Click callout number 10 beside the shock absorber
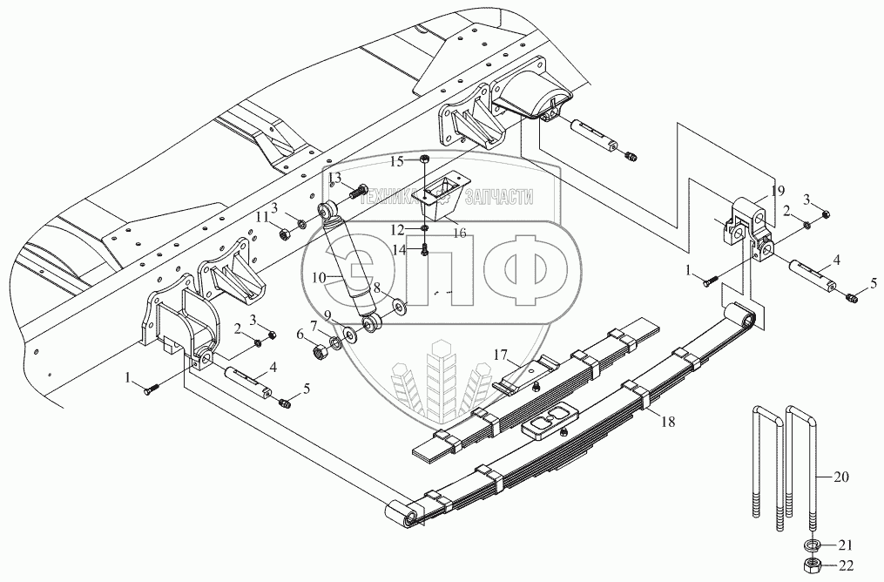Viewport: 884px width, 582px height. pos(318,276)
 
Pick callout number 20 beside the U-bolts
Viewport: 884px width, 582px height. pos(840,477)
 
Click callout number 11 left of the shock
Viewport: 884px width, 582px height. pos(262,216)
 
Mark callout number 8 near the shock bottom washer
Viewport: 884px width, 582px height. pos(376,286)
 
